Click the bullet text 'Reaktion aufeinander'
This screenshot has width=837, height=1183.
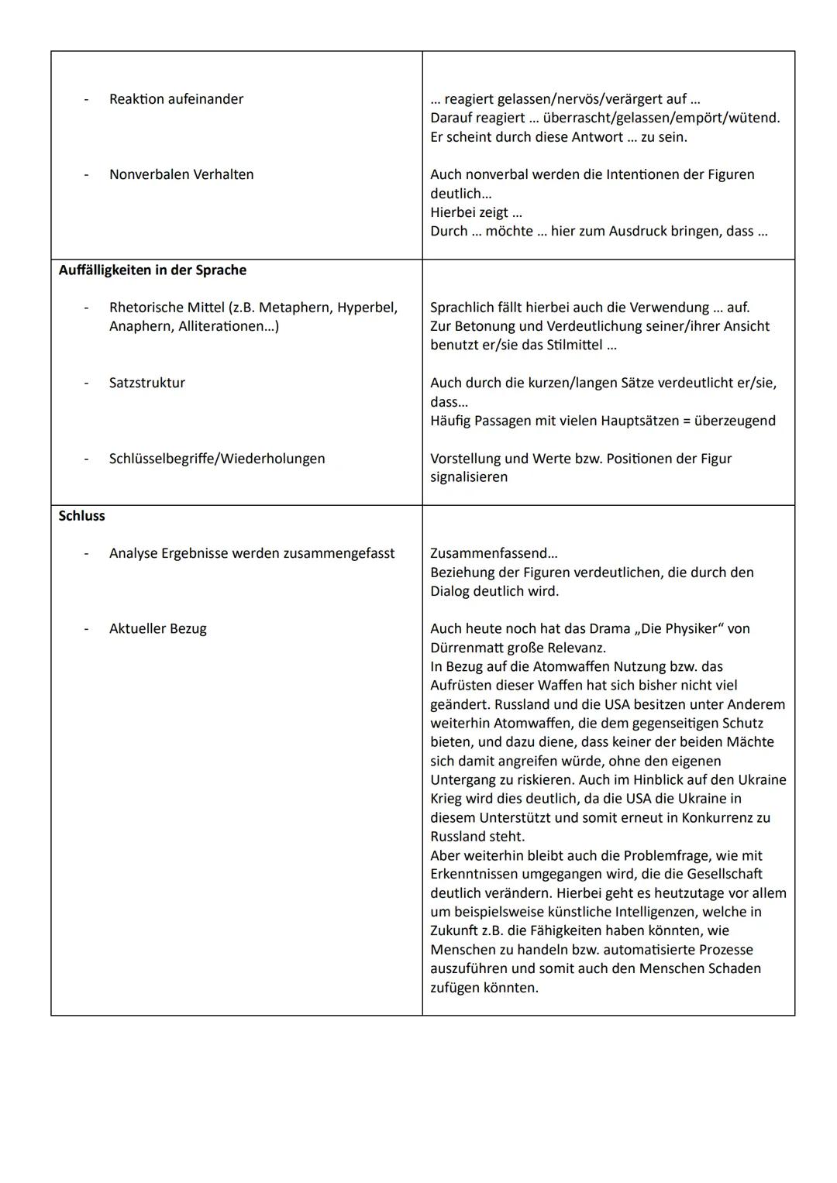[176, 99]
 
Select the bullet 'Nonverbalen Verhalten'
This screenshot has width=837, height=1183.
[181, 174]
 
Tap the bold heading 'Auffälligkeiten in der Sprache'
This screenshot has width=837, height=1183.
[153, 270]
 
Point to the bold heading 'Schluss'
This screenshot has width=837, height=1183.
[82, 516]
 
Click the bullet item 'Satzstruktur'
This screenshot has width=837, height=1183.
[147, 383]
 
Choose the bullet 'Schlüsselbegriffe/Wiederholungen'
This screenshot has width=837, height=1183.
[217, 459]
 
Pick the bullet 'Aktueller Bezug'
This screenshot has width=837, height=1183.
[158, 629]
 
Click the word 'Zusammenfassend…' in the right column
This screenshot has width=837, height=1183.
[494, 554]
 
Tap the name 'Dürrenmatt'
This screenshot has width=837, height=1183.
[467, 648]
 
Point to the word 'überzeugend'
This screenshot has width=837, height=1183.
[735, 421]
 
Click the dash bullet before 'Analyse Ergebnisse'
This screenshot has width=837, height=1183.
[87, 554]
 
